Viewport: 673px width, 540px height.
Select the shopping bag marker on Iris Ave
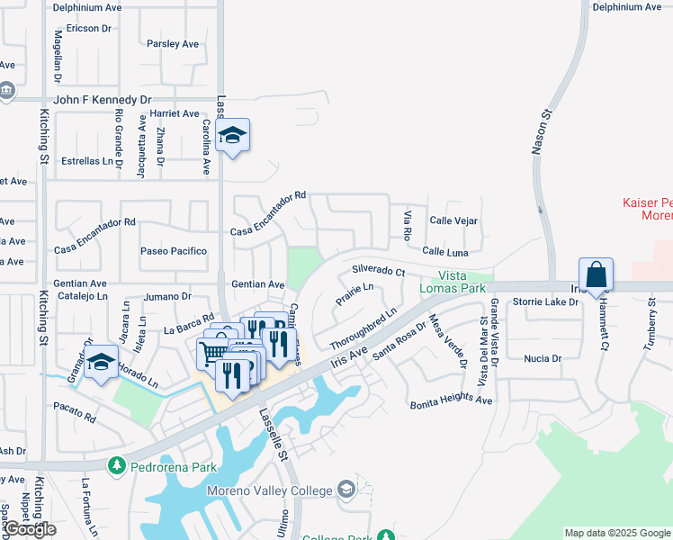pos(597,274)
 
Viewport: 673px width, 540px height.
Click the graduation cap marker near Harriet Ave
pos(233,136)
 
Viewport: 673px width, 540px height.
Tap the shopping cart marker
pos(213,352)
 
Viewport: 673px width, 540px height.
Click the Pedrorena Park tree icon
pos(115,466)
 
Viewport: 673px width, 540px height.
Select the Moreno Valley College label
pos(269,490)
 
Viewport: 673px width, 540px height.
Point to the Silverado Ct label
pos(379,269)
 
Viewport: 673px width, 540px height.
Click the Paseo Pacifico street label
pos(174,251)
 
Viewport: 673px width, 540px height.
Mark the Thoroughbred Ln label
pos(363,330)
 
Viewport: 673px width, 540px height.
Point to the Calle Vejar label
pos(453,220)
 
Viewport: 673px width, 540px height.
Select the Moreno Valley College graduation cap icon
pos(345,490)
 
